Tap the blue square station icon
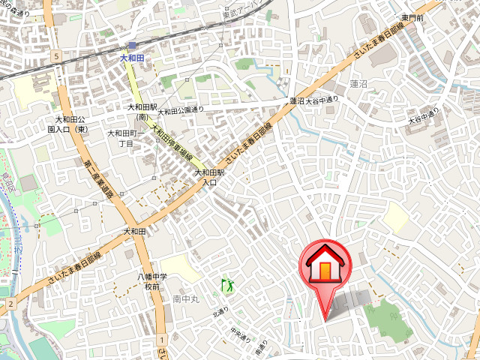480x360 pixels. tap(131, 46)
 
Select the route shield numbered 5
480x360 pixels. tap(55, 57)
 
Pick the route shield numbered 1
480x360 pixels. tap(160, 340)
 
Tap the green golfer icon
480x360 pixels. tap(226, 284)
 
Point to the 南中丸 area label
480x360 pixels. tap(184, 299)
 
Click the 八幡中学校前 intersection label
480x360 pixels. tap(152, 282)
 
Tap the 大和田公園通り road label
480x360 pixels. tap(180, 111)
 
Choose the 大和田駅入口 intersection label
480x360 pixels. tap(206, 177)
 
